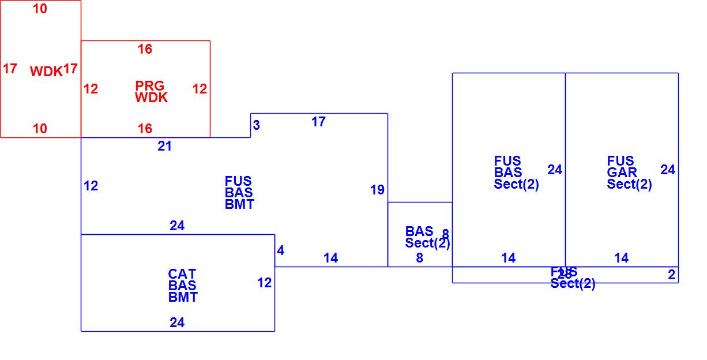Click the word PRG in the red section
pos(149,86)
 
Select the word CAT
pos(182,274)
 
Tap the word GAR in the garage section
pos(622,172)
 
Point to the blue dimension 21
pos(165,147)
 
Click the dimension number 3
pos(257,125)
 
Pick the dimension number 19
pos(377,190)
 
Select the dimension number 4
pos(281,250)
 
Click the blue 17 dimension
pos(318,122)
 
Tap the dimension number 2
pos(671,275)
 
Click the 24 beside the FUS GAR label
pos(668,170)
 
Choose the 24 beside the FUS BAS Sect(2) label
pos(555,170)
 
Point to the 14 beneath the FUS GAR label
pos(622,258)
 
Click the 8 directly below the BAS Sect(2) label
pos(419,258)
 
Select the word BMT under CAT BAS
pos(183,297)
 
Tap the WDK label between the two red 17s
pos(46,72)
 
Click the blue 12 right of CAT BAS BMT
pos(264,283)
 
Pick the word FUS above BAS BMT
pos(238,181)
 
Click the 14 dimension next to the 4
pos(330,258)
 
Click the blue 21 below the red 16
pos(165,147)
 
